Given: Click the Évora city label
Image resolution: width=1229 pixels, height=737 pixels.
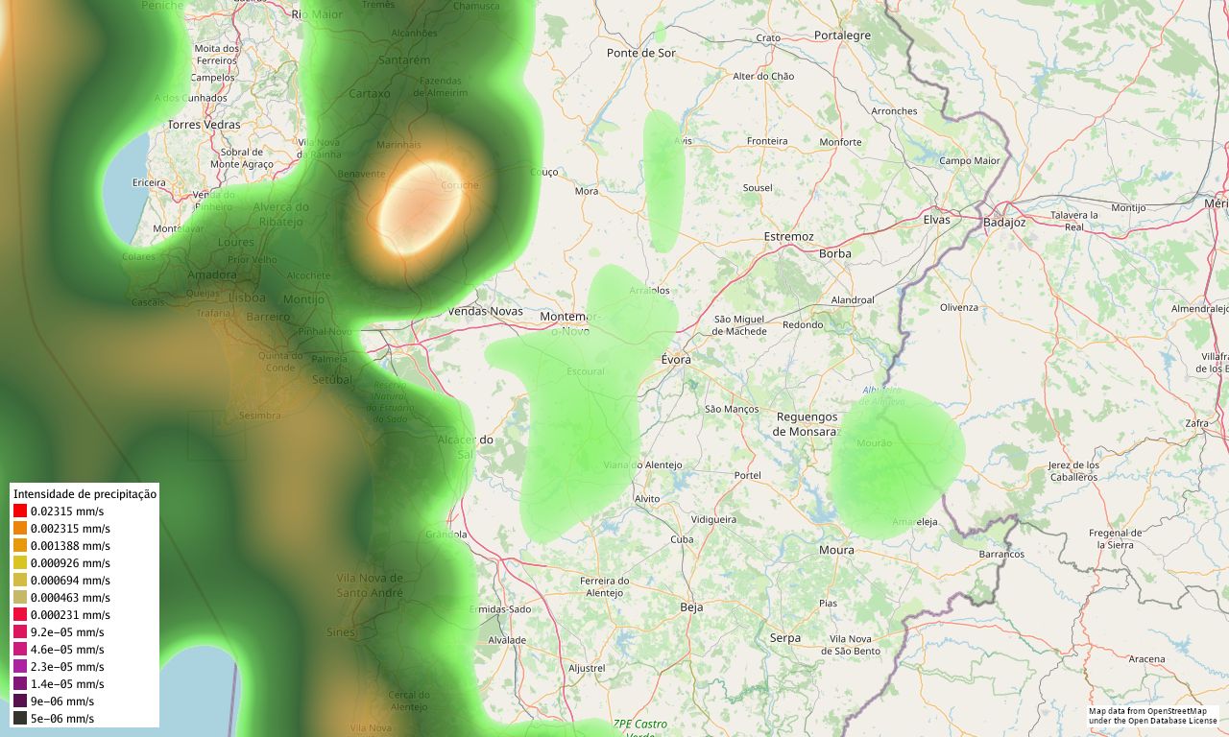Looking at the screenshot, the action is pos(676,360).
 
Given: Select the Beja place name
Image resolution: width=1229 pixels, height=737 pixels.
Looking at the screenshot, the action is pos(691,607).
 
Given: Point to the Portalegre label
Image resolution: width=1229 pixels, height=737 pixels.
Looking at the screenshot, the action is pos(841,36).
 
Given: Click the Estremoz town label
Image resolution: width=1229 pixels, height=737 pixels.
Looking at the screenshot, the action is pos(788,236).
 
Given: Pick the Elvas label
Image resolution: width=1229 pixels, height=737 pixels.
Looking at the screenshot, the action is pos(936,220).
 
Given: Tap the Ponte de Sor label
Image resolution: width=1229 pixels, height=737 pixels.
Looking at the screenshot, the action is pos(641,53).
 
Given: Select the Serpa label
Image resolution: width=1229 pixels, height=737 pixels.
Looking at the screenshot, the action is pos(784,638).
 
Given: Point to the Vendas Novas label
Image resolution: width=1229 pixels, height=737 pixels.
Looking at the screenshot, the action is pos(486,311).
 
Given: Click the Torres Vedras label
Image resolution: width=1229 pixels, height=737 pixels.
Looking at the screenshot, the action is pos(204,125).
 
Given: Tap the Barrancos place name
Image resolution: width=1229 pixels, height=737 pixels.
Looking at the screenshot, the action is pos(1001,554).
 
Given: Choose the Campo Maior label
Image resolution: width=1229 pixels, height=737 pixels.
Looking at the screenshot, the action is pos(969,160).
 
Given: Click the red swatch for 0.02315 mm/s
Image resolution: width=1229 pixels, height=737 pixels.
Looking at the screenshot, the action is pos(20,511).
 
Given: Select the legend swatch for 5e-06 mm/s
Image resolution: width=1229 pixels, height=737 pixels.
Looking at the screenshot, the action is pos(20,719).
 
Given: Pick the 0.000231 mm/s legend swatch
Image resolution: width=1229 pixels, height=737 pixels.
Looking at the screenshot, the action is pos(20,615).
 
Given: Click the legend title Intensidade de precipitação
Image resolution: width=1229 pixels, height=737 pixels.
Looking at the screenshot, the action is pos(84,494).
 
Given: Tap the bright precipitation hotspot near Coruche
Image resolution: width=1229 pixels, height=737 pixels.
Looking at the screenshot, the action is pos(420,205).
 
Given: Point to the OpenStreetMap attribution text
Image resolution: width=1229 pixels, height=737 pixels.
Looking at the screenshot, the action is pos(1152,716).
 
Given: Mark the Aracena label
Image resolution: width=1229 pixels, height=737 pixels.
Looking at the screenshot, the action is pos(1146,659).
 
